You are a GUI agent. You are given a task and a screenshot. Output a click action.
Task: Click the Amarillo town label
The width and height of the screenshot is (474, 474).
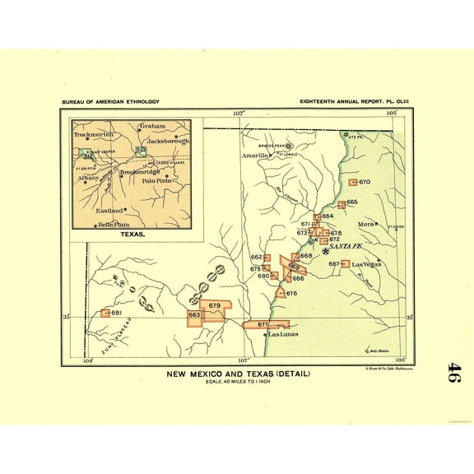coord(256,155)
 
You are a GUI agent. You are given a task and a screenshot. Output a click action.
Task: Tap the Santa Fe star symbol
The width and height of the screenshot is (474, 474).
coord(325,252)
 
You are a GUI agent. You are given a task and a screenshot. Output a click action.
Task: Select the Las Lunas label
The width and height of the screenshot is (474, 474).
coord(281,334)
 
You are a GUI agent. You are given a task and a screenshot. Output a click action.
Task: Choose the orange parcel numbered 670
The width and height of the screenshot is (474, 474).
coord(353,182)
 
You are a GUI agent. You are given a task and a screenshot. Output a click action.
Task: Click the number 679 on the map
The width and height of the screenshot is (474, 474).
coord(215,306)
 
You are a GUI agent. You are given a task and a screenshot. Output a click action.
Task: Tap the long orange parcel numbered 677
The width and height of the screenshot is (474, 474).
coord(263,325)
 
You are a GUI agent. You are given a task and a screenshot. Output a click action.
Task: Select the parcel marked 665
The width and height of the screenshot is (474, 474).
coord(342,203)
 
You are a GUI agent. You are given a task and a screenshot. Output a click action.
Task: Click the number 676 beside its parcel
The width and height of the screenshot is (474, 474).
coord(291,294)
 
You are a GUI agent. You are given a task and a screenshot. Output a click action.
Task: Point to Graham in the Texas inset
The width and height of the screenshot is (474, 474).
coord(152,126)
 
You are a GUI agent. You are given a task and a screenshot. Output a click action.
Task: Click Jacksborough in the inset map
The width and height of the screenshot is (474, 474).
coord(167,141)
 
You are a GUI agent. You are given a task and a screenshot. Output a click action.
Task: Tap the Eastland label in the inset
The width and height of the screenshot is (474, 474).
coord(111,210)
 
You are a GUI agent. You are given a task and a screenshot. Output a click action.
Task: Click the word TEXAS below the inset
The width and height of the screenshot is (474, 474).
coord(132,235)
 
